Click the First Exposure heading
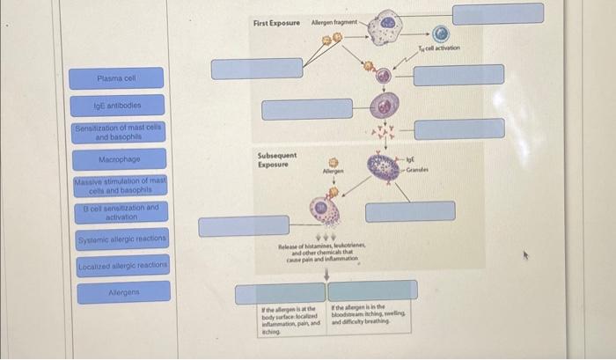275,22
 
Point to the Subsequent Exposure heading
276,159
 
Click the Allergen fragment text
334,22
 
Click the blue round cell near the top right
442,33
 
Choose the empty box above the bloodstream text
373,290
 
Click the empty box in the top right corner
498,14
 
